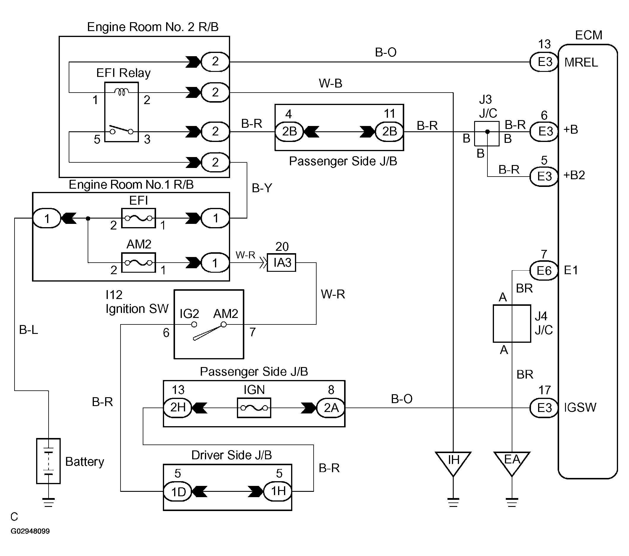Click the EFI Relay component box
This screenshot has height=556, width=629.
[121, 112]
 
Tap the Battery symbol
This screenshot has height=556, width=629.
[48, 461]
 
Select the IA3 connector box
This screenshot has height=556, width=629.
[282, 263]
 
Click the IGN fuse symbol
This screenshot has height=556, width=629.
[254, 408]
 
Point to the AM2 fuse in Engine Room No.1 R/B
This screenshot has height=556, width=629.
[139, 263]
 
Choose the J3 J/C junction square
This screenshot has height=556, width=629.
[487, 134]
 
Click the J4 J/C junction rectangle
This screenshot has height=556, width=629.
[512, 323]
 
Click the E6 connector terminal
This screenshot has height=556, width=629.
[544, 271]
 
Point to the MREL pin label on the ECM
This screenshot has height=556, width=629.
[581, 62]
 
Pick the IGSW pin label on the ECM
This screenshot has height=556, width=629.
[580, 408]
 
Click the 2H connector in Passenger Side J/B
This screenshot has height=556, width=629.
[178, 408]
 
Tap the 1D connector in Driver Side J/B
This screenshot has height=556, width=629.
[178, 492]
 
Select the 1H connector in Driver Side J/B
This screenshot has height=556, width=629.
[278, 491]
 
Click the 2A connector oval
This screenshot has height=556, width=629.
[331, 408]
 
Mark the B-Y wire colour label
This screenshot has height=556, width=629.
[262, 188]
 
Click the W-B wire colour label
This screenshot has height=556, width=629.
[330, 83]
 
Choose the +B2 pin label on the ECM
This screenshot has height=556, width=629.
[574, 175]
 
